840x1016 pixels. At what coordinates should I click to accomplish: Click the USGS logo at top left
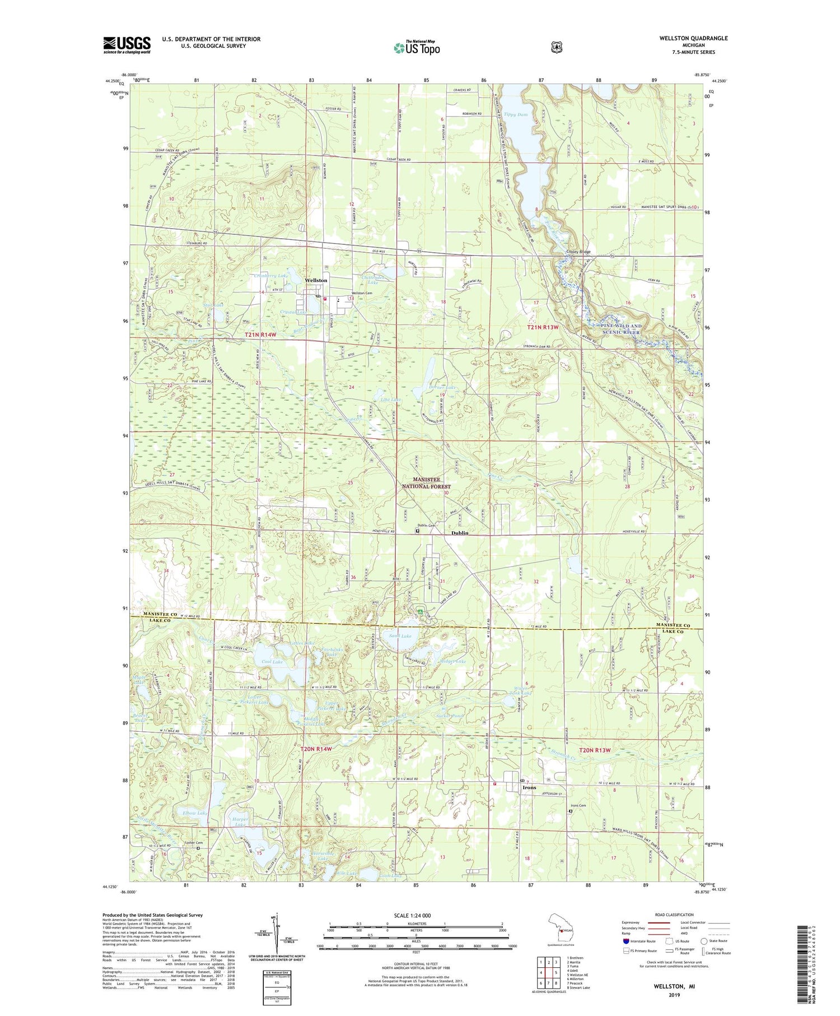click(127, 45)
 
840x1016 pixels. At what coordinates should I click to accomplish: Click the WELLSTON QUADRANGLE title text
click(694, 38)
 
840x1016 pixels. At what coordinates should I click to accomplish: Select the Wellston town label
click(316, 280)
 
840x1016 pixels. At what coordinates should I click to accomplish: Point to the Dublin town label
click(460, 533)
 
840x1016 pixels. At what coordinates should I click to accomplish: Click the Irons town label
click(529, 787)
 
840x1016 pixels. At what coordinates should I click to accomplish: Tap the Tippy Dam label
click(515, 114)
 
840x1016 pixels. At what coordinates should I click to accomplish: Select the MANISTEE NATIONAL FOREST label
click(431, 483)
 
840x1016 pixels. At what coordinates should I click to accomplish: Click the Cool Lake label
click(272, 662)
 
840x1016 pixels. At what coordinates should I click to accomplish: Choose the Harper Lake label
click(240, 822)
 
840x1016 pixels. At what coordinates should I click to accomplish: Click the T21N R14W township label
click(261, 335)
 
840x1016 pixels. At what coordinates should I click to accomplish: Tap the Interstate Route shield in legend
click(626, 941)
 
